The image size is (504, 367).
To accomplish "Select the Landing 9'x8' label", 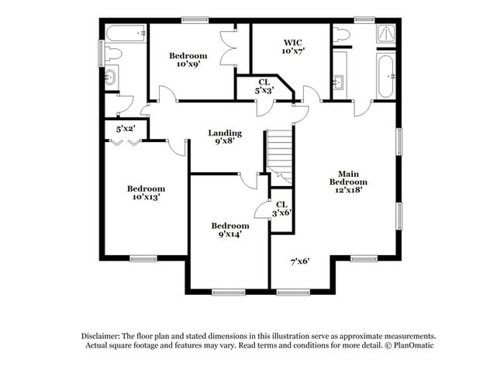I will [x=224, y=137].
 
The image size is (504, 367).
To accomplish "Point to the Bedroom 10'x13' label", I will [x=146, y=193].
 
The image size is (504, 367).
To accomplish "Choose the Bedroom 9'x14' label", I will [x=230, y=230].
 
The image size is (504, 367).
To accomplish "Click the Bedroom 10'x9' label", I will [x=188, y=60].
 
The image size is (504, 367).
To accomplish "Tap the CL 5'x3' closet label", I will [x=264, y=86].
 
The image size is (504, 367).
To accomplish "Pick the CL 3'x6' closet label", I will [x=281, y=208].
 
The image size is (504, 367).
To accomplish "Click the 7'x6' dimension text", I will [x=300, y=261].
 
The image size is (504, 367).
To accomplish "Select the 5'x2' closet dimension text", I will [x=126, y=129].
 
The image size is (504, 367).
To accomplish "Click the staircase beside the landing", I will [x=279, y=155].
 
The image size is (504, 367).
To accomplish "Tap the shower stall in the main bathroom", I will [x=385, y=33].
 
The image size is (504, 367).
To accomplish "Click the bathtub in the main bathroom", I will [x=385, y=75].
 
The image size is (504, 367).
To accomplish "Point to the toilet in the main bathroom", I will [x=341, y=33].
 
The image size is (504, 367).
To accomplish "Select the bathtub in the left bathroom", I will [x=125, y=33].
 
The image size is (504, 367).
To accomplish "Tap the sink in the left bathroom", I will [x=111, y=77].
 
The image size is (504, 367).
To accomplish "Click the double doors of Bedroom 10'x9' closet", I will [x=228, y=48].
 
